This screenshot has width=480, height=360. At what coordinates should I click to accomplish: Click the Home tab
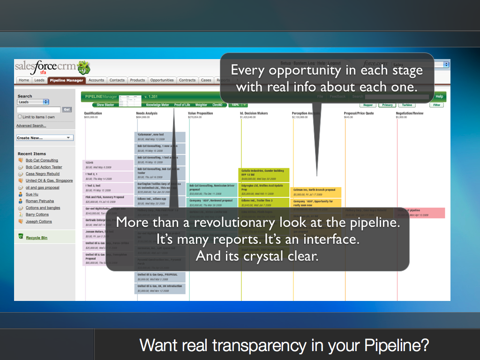click(x=24, y=80)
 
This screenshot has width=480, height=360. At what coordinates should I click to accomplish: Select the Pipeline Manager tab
click(x=66, y=80)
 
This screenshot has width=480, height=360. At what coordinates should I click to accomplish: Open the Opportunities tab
click(x=162, y=80)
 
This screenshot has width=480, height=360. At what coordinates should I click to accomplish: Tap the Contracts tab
click(x=187, y=80)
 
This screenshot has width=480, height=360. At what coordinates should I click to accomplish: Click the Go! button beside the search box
click(x=67, y=109)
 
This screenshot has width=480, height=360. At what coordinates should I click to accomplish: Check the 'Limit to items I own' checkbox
click(x=20, y=117)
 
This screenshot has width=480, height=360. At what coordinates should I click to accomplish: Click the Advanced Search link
click(x=31, y=126)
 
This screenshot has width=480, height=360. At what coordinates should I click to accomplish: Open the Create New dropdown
click(x=45, y=138)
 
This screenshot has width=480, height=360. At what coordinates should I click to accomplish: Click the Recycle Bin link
click(x=37, y=238)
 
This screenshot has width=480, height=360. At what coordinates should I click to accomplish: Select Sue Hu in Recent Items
click(x=32, y=194)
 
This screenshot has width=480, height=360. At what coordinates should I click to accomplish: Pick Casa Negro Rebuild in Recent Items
click(x=42, y=174)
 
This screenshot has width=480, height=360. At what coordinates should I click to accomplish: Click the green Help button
click(x=439, y=97)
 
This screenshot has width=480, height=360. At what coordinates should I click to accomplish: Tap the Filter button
click(x=436, y=105)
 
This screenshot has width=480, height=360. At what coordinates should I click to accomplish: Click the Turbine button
click(x=407, y=105)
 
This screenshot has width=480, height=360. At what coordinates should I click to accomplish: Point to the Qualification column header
click(x=93, y=113)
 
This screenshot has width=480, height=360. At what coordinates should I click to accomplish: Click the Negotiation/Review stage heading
click(x=409, y=113)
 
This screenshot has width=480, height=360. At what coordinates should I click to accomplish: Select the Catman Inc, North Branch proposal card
click(x=316, y=192)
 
